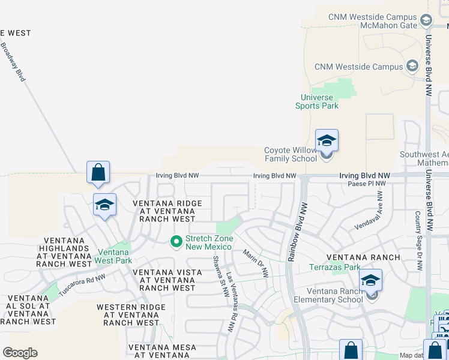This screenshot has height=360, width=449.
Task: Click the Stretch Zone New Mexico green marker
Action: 176,242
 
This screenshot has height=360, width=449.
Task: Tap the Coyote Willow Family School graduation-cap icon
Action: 327,141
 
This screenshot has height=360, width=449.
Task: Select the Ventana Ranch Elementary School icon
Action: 370,280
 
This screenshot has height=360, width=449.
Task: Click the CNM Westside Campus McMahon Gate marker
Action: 426,21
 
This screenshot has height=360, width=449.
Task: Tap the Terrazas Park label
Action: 335,267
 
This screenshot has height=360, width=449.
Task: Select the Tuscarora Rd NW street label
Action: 82,285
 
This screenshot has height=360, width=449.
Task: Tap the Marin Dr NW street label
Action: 256,262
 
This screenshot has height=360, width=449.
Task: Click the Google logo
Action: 20,353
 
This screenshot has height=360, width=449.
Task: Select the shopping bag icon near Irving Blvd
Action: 98,172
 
